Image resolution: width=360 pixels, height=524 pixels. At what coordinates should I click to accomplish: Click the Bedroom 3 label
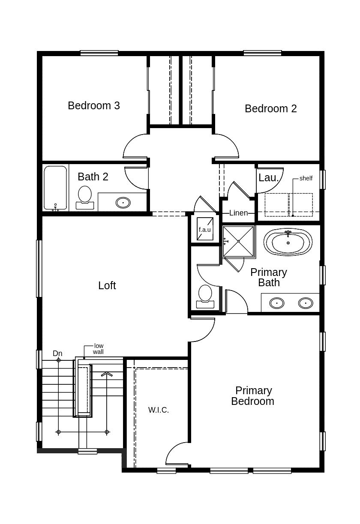(93, 105)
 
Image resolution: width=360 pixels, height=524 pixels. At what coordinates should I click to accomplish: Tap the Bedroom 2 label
(270, 109)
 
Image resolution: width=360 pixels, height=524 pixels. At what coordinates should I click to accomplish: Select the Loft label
(107, 286)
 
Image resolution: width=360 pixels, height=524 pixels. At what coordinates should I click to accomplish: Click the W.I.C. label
(159, 410)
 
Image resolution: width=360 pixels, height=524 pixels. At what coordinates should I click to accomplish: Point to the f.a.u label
(204, 230)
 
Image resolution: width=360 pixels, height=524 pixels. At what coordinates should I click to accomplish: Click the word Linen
(238, 213)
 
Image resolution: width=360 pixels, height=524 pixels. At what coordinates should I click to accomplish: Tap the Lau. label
(269, 178)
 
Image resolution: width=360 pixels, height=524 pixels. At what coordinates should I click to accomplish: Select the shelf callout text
(306, 178)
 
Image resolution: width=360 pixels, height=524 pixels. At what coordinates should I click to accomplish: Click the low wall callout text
(99, 349)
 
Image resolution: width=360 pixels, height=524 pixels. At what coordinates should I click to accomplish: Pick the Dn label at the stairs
(57, 353)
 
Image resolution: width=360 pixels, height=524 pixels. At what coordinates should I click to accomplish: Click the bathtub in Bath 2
(55, 188)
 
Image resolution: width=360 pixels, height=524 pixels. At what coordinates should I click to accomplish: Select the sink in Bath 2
(123, 202)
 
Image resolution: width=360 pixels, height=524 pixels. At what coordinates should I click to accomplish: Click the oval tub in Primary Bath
(288, 243)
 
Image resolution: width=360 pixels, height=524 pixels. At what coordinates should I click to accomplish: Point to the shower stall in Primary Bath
(238, 242)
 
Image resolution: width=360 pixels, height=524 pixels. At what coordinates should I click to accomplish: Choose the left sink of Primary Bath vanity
(277, 303)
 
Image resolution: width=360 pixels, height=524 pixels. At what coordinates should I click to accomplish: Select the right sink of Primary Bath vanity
(305, 303)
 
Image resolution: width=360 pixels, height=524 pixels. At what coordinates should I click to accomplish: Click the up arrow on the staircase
(107, 374)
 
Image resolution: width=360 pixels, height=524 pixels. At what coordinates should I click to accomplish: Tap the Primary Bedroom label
(253, 396)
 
